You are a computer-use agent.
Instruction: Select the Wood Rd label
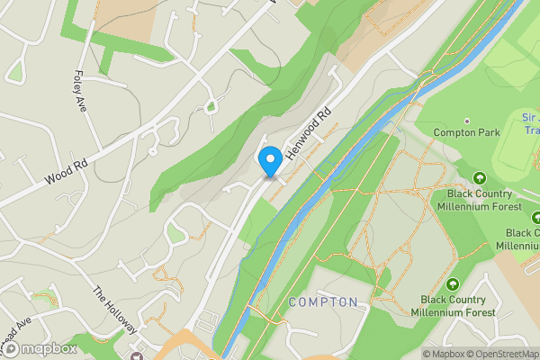[x=68, y=171]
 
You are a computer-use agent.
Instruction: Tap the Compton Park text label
[x=466, y=133]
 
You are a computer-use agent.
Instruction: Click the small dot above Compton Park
[x=466, y=121]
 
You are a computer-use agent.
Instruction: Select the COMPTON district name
[x=324, y=301]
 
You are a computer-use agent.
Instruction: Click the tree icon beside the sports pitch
[x=479, y=178]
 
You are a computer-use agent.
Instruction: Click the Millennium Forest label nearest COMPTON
[x=454, y=306]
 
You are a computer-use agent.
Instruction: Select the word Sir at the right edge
[x=530, y=118]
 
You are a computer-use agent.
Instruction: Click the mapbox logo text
[x=49, y=348]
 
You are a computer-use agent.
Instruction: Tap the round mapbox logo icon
[x=12, y=348]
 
